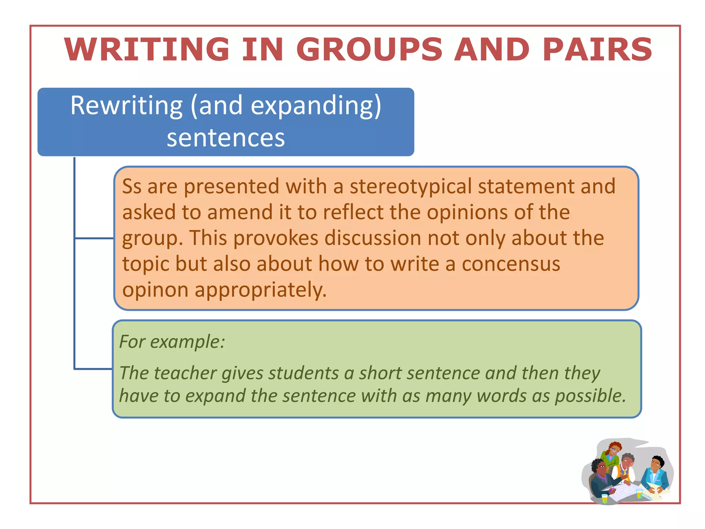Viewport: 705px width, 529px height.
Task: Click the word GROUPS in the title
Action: [369, 50]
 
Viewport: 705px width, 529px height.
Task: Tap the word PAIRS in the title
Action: [597, 50]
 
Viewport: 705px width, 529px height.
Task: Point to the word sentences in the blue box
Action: [226, 138]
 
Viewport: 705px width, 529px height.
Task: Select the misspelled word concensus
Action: [511, 264]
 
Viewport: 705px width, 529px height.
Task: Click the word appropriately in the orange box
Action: [260, 290]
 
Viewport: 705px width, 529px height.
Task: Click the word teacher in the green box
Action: [185, 373]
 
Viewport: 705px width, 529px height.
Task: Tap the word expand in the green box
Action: [215, 396]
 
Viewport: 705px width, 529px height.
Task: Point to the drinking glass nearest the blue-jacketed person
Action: [639, 494]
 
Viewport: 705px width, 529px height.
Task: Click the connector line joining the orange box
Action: [94, 238]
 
